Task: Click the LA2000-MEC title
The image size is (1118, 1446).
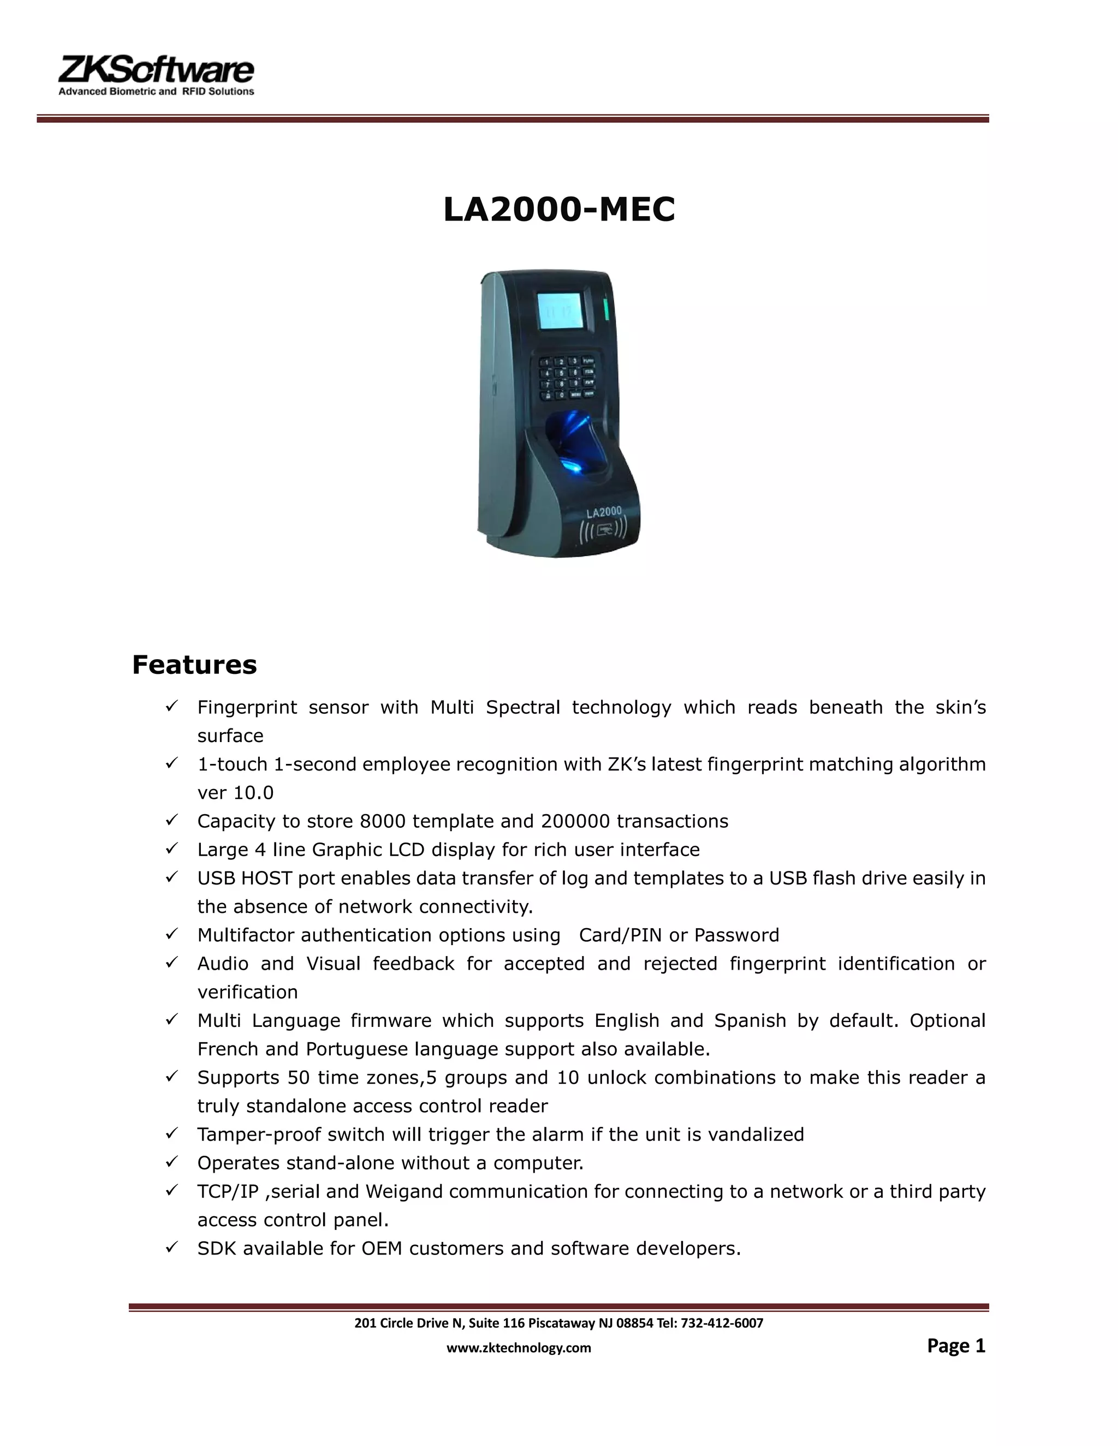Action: tap(559, 210)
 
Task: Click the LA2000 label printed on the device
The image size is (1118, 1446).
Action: tap(603, 511)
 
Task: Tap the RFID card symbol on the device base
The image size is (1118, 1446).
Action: tap(603, 530)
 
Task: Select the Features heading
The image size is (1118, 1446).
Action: tap(194, 665)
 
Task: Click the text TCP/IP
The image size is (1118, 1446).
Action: tap(228, 1191)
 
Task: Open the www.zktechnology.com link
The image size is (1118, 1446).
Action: tap(519, 1347)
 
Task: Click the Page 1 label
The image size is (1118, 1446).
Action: tap(956, 1346)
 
